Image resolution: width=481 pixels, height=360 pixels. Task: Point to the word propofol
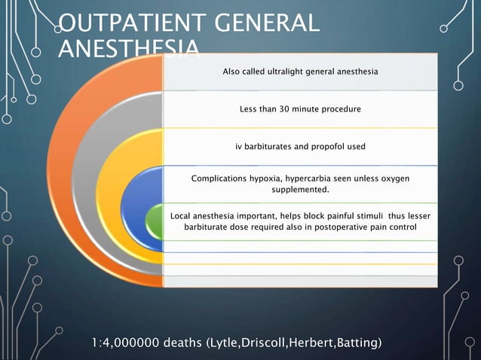[322, 146]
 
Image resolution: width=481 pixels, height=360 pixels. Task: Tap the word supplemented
[300, 191]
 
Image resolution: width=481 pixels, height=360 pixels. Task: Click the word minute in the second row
[305, 109]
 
